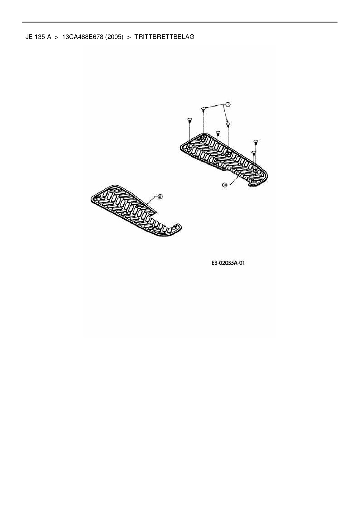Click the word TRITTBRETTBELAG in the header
pos(164,37)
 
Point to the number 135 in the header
pos(40,37)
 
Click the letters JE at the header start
pos(29,37)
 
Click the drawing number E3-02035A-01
pos(228,263)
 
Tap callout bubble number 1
pos(228,104)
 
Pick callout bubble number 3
pos(224,185)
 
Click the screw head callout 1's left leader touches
pos(204,109)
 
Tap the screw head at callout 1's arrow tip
pos(228,124)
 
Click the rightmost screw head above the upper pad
pos(256,141)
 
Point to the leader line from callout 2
pos(152,202)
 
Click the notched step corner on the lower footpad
pos(156,213)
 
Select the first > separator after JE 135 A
pos(57,37)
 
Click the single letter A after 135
pos(49,37)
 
